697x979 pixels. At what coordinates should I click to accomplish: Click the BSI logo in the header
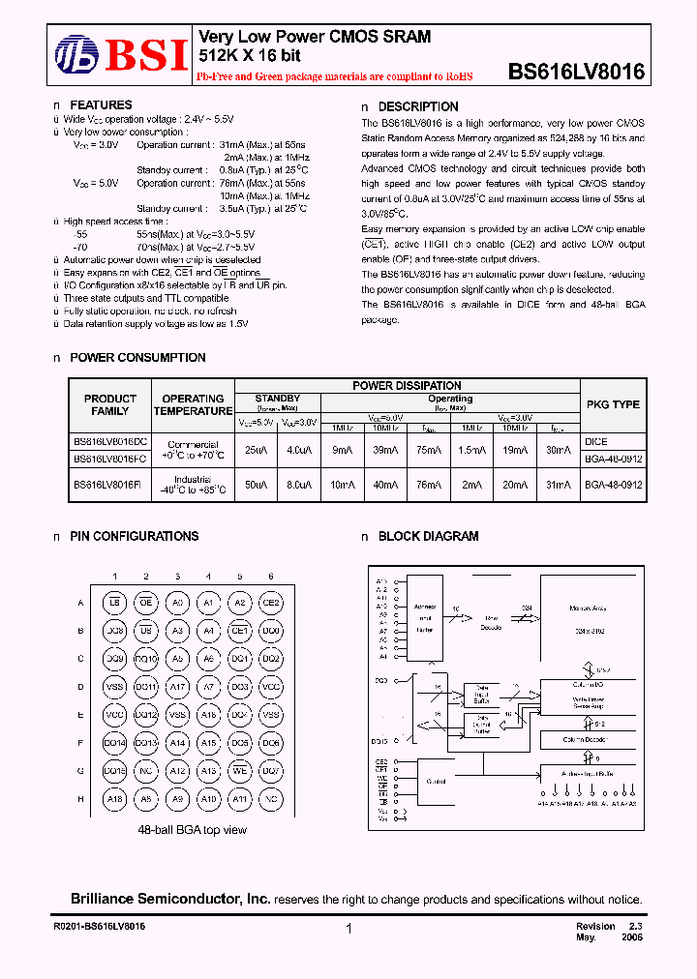click(x=120, y=55)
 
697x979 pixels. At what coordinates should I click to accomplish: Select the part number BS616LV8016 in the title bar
click(x=576, y=72)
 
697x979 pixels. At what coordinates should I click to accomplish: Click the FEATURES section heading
click(x=101, y=105)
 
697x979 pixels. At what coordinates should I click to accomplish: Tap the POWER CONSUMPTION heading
click(x=137, y=358)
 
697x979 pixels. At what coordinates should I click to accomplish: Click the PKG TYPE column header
click(x=613, y=404)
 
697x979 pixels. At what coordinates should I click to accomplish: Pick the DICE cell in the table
click(x=596, y=440)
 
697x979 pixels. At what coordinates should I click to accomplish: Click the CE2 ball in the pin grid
click(x=270, y=603)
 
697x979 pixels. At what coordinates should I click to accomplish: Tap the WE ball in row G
click(x=239, y=771)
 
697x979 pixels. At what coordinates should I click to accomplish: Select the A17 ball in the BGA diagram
click(x=177, y=687)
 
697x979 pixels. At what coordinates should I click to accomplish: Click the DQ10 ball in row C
click(x=146, y=659)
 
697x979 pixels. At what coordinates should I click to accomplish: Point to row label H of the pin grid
click(x=80, y=799)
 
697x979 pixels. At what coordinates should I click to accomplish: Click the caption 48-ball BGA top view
click(x=193, y=830)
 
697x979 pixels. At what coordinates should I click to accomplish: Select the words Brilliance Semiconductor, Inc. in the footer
click(x=170, y=900)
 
